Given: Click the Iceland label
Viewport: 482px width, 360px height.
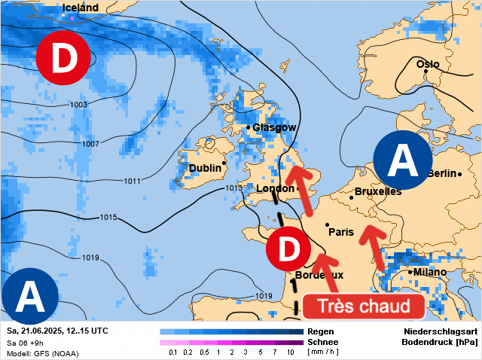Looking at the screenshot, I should click(80, 8).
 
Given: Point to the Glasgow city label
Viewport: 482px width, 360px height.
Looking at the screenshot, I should click(274, 128).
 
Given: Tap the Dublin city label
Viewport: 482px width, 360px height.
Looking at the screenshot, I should click(205, 168).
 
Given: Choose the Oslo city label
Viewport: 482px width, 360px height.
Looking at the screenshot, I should click(427, 64).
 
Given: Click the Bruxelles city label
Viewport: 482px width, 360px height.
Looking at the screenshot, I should click(377, 192).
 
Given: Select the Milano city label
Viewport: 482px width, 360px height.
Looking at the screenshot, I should click(428, 272).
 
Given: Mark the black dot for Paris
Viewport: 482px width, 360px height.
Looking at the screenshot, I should click(327, 224).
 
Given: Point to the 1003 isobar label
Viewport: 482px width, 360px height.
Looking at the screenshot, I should click(78, 104).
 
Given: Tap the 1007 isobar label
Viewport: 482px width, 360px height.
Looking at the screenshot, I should click(91, 143).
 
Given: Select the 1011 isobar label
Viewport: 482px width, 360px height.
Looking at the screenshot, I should click(132, 181).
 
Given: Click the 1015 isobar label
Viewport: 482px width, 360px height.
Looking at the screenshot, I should click(108, 218).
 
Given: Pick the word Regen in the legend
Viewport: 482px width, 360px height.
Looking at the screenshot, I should click(321, 331).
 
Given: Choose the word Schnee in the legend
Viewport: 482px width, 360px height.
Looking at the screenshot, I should click(323, 342).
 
